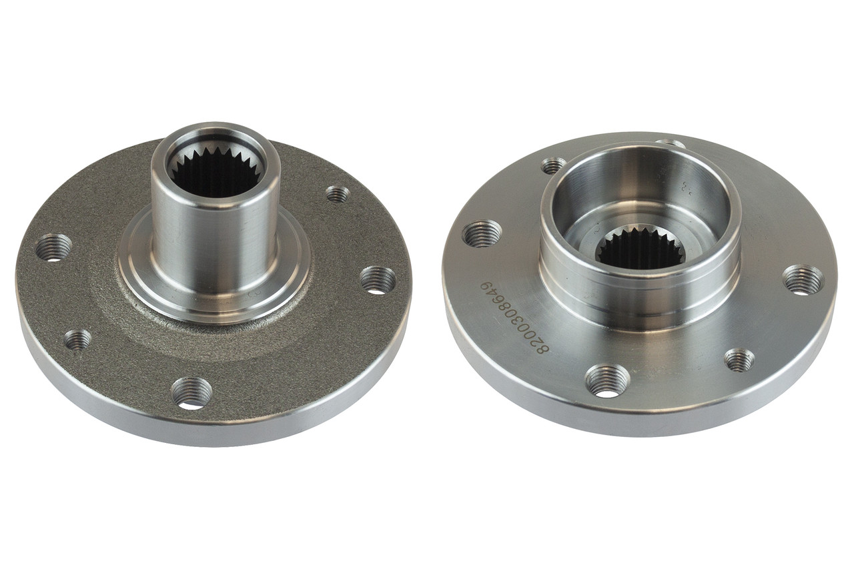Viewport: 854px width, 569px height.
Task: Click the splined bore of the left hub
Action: pos(216,177)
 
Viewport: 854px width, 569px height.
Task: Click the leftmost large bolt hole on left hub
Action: pos(54,247)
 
